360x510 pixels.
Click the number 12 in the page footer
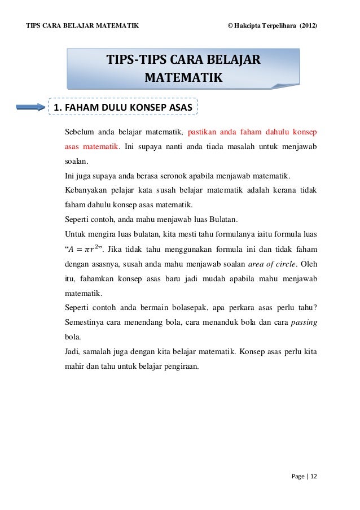point(314,476)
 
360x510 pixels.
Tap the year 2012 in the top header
point(308,26)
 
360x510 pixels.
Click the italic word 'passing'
point(305,323)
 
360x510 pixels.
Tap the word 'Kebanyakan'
point(89,190)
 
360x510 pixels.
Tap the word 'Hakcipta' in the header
point(248,26)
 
